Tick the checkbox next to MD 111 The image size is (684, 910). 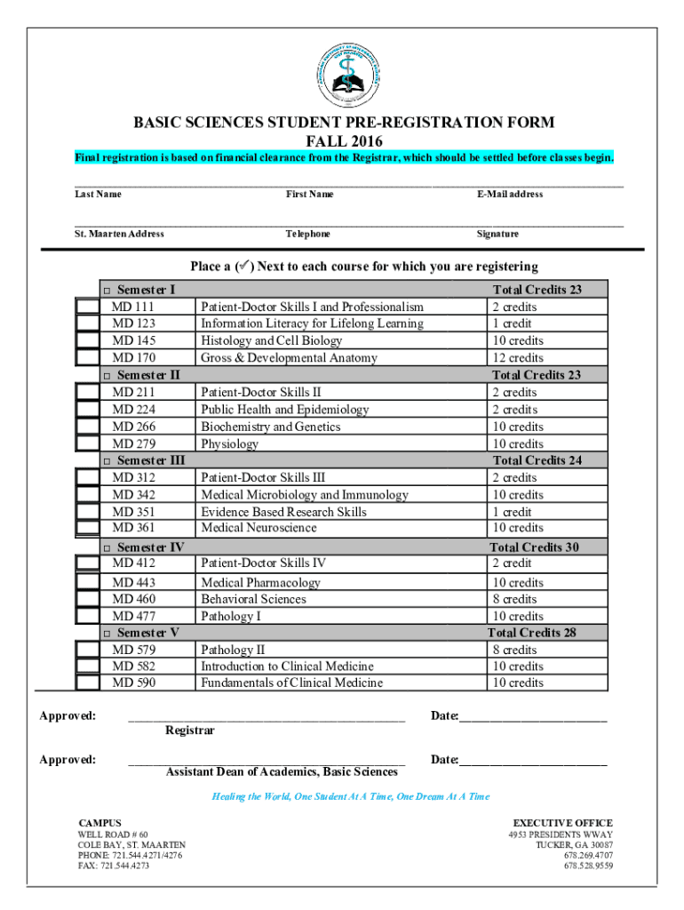(x=87, y=307)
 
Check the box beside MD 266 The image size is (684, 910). (x=87, y=427)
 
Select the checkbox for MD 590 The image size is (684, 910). (x=87, y=682)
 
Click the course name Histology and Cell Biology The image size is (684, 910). (x=271, y=341)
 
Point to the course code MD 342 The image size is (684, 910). (x=134, y=495)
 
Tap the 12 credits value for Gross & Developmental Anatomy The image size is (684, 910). (x=519, y=358)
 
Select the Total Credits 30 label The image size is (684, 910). (x=536, y=547)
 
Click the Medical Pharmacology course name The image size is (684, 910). (x=260, y=583)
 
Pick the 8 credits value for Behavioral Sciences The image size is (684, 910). (x=515, y=600)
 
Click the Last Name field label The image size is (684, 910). (x=98, y=195)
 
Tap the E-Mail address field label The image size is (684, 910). (x=509, y=195)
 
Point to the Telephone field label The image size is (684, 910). (x=308, y=235)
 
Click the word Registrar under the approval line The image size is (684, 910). (x=189, y=730)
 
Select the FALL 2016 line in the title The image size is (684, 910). (x=343, y=141)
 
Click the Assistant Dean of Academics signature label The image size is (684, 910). (x=282, y=771)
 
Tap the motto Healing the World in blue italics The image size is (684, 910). (x=350, y=797)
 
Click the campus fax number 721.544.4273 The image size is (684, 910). (x=114, y=866)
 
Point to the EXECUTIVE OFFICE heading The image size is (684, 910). (x=562, y=824)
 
